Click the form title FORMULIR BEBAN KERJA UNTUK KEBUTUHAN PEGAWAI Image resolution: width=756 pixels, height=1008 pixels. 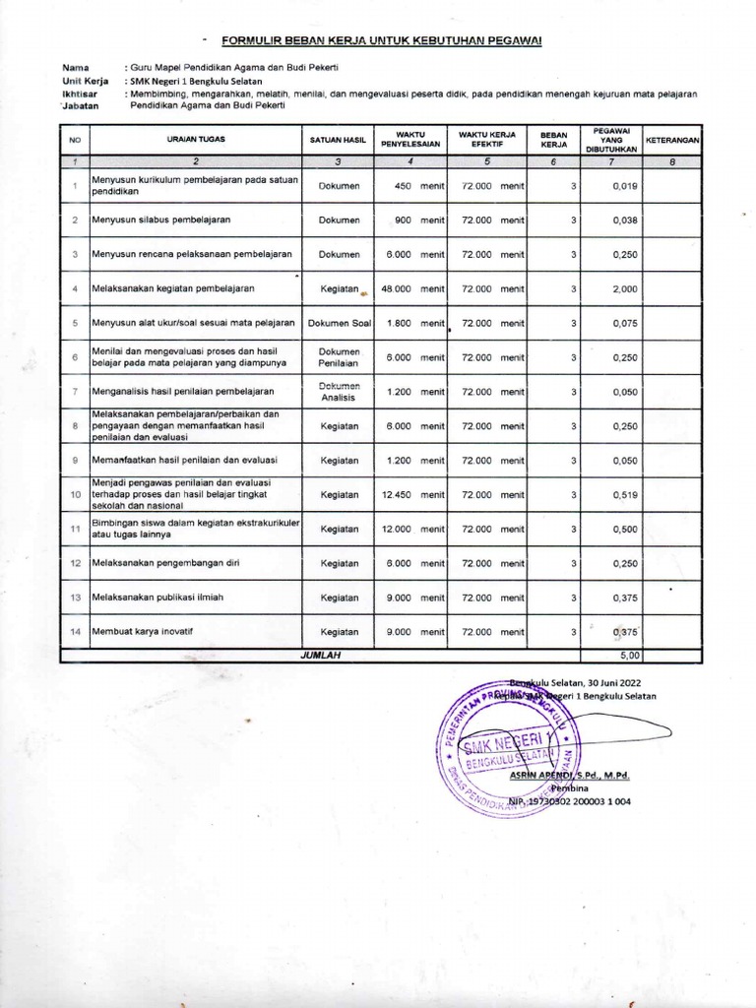pos(381,40)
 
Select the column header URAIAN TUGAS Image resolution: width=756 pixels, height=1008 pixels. pos(196,140)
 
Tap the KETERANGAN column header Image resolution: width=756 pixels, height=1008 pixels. pos(672,140)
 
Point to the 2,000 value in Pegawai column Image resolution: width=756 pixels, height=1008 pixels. pos(624,288)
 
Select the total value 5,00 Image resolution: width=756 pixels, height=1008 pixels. pos(627,655)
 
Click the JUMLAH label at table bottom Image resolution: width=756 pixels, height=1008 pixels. pos(319,655)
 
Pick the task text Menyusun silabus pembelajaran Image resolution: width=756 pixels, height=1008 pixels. pos(160,220)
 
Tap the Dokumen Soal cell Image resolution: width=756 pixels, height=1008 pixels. pos(339,323)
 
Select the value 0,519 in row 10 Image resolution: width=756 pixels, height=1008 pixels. pos(624,495)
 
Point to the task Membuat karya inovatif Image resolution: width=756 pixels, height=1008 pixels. pos(147,632)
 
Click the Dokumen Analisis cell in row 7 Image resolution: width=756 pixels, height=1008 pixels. pos(339,392)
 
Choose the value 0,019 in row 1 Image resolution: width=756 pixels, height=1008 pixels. pos(624,185)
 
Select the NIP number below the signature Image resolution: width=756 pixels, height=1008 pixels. pos(571,801)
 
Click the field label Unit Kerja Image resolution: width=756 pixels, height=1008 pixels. pos(85,81)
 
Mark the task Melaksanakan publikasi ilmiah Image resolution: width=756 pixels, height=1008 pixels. pos(154,598)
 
